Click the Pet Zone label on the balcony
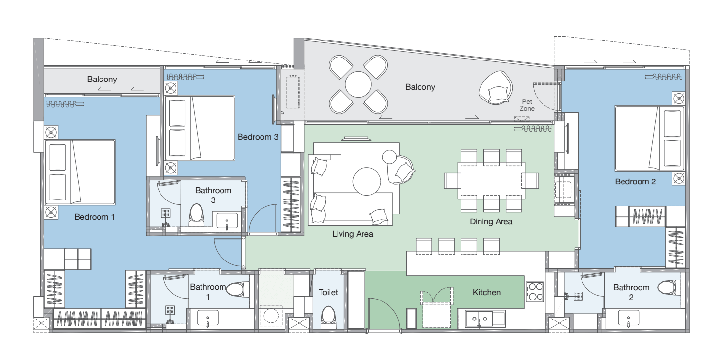tap(527, 105)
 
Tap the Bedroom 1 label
tap(95, 217)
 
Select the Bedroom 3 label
tap(258, 137)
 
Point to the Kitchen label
tap(486, 292)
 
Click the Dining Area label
tap(491, 222)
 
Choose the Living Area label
tap(353, 234)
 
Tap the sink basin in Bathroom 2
tap(628, 318)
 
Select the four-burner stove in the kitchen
tap(535, 292)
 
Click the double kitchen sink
tap(485, 319)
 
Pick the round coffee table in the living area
tap(366, 181)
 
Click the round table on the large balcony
tap(358, 84)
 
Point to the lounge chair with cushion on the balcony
tap(496, 88)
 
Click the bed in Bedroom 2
tap(649, 139)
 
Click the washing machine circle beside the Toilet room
tap(271, 316)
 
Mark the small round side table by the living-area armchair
tap(389, 157)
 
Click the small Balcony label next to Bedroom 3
tap(102, 80)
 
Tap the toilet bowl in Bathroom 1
tap(238, 289)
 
